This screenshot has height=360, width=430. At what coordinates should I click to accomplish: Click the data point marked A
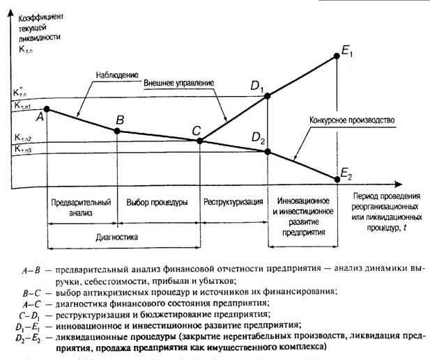(x=47, y=109)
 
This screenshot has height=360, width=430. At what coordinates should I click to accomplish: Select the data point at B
(x=118, y=130)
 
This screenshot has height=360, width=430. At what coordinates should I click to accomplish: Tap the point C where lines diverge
(x=199, y=141)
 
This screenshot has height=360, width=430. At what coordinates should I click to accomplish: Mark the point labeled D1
(x=269, y=96)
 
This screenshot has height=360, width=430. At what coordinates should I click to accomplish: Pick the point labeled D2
(x=269, y=152)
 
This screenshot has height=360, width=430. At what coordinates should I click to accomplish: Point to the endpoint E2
(x=337, y=179)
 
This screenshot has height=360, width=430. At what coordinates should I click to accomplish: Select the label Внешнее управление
(x=179, y=83)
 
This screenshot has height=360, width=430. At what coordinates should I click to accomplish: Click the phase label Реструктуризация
(x=233, y=202)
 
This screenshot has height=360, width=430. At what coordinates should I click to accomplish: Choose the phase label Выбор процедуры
(x=158, y=202)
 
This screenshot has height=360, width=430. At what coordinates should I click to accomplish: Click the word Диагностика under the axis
(x=116, y=237)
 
